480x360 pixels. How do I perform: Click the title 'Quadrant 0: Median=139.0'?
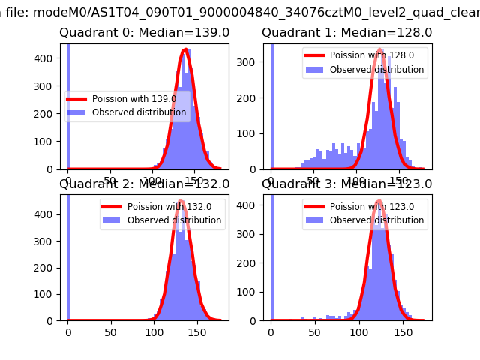(x=145, y=33)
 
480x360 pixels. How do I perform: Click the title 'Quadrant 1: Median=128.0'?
(x=346, y=33)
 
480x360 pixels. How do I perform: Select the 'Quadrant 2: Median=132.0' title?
(x=145, y=184)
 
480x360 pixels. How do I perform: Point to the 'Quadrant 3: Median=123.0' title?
(x=346, y=184)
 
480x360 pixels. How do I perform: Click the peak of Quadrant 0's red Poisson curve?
(x=184, y=50)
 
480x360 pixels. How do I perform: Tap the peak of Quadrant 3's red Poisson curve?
(x=379, y=201)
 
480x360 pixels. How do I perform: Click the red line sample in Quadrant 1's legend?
(x=317, y=56)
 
